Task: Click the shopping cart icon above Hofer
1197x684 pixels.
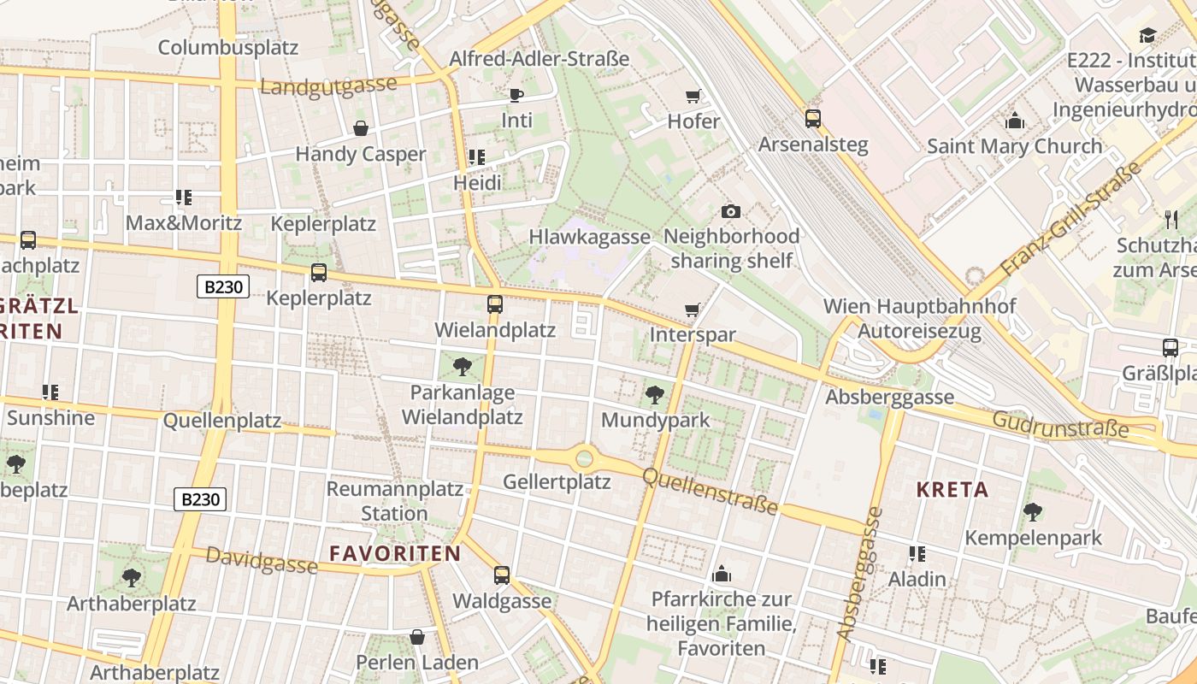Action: pos(693,96)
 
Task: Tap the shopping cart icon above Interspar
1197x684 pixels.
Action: pos(693,310)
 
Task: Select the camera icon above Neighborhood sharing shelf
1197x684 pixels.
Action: pos(731,211)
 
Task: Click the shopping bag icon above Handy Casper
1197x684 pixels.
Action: pos(361,128)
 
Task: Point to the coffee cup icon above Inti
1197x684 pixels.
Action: pos(516,95)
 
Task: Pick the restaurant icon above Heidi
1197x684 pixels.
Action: pos(477,157)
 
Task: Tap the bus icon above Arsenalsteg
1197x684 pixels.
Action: pos(812,119)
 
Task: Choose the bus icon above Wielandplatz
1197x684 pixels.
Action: pos(494,304)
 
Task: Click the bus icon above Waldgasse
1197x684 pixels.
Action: pos(502,575)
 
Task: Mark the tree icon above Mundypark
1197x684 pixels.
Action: pos(655,394)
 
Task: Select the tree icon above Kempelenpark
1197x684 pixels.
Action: pos(1033,512)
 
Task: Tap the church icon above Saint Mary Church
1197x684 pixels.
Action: pos(1015,121)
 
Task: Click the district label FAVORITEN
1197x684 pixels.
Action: pos(395,553)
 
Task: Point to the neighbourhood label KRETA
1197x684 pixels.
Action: pos(952,490)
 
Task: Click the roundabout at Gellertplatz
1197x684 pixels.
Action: pos(584,458)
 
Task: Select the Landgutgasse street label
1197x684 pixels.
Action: pos(329,86)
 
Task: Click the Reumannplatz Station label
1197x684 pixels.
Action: pos(394,502)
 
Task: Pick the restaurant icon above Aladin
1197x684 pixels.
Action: pos(917,554)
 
